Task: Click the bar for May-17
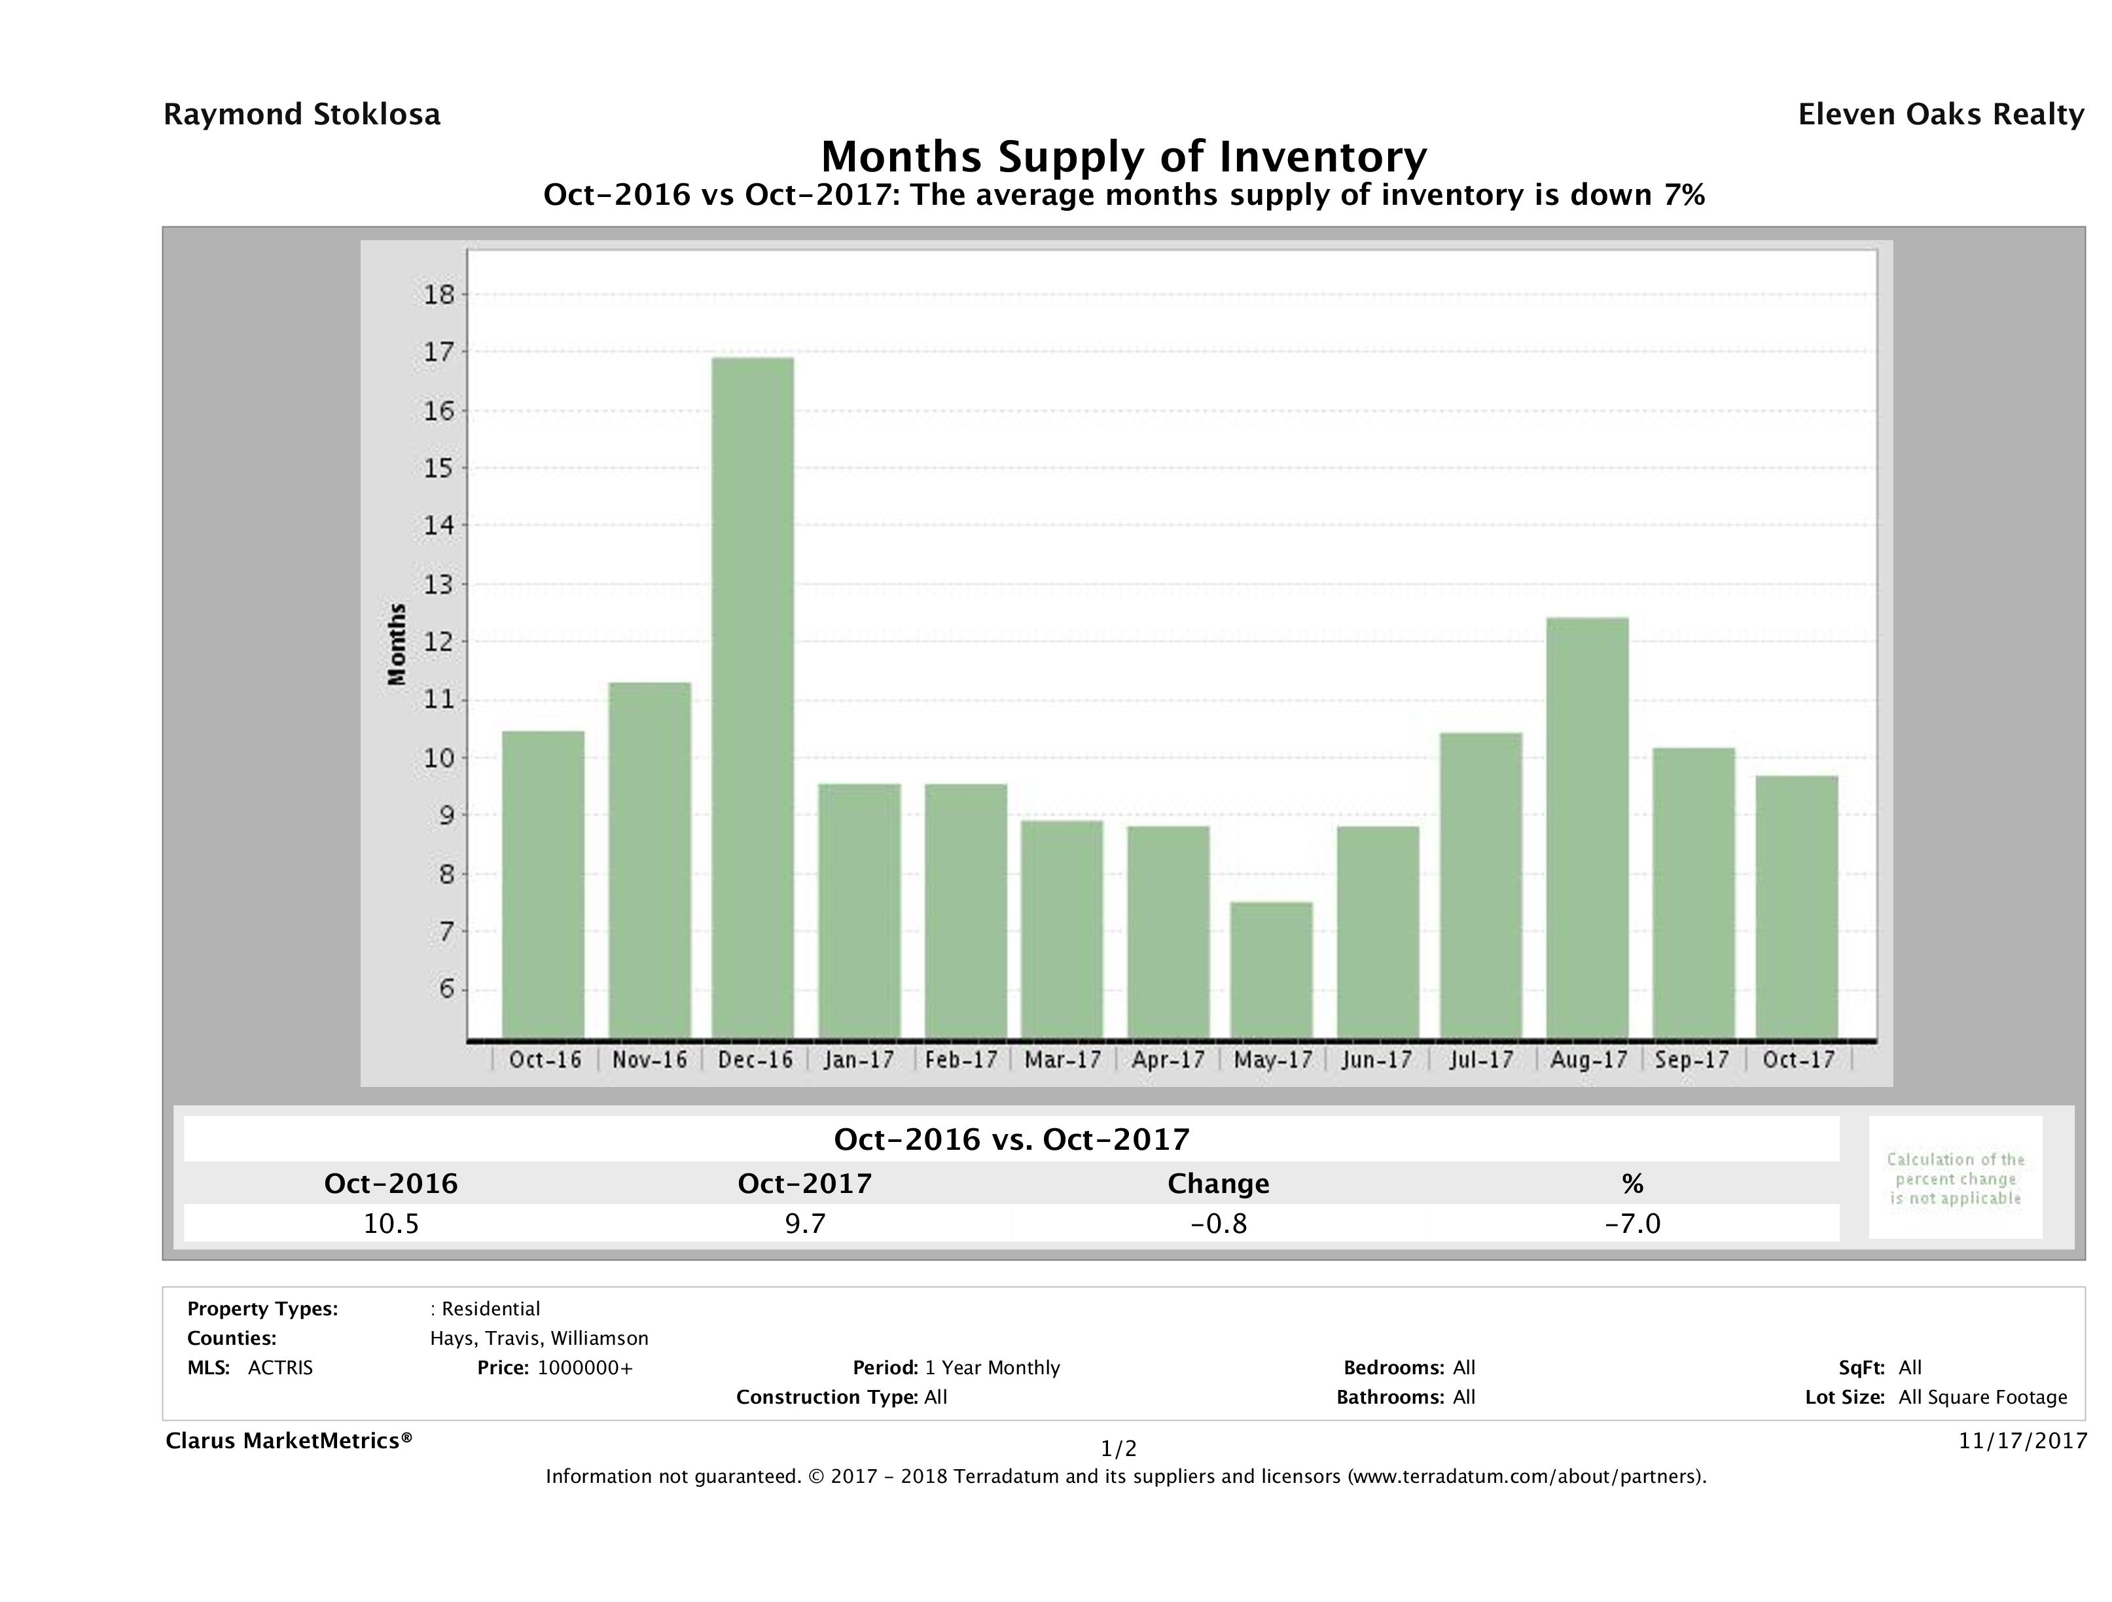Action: [1271, 970]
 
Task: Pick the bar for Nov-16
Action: [650, 860]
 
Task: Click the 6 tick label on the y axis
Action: [446, 989]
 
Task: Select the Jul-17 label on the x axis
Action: [1481, 1059]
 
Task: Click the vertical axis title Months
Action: [397, 645]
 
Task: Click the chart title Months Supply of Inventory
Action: [1124, 156]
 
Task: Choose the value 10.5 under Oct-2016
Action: [391, 1224]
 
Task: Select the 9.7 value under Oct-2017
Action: [805, 1224]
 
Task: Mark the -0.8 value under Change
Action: [1219, 1224]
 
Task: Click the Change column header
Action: [1219, 1184]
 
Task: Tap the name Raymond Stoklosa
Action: [302, 115]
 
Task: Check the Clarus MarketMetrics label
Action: [289, 1440]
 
